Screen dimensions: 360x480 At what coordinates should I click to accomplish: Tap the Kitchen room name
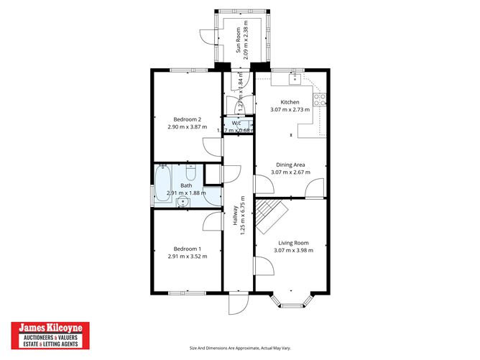tap(290, 102)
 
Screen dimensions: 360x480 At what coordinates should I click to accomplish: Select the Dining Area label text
tap(290, 165)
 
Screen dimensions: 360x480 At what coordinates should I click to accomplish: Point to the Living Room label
tap(290, 243)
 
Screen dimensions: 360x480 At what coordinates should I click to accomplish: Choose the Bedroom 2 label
tap(186, 119)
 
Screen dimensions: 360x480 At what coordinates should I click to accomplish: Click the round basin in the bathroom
tap(183, 203)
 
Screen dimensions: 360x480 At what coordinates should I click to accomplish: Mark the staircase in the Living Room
tap(271, 213)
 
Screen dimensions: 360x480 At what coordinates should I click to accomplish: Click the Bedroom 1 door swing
tap(213, 221)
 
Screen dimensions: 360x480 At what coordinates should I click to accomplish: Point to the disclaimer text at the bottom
tap(240, 349)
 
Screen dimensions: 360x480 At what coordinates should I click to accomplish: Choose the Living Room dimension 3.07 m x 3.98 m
tap(290, 251)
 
